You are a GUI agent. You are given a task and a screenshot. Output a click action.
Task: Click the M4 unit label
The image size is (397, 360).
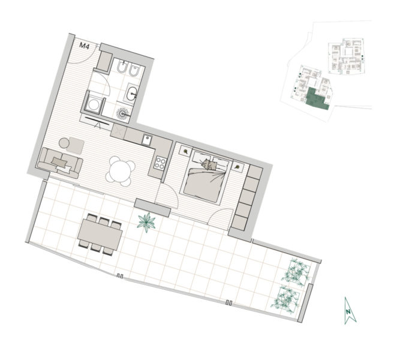[x=85, y=46]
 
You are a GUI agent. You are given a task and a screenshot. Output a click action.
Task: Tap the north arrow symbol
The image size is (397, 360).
[x=350, y=311]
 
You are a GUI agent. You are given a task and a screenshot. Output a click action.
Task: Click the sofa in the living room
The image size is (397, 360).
[x=60, y=163]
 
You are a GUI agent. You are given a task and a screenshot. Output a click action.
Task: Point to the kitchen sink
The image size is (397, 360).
[x=146, y=140]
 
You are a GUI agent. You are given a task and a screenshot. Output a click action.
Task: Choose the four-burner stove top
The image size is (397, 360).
[x=160, y=163]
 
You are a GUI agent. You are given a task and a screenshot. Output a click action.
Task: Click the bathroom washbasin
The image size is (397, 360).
[x=133, y=93]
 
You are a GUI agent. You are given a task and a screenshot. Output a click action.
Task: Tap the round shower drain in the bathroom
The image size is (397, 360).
[x=123, y=113]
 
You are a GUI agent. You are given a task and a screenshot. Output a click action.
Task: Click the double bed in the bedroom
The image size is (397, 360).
[x=206, y=176]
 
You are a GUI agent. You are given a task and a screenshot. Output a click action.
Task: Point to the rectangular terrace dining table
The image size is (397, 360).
[x=100, y=235]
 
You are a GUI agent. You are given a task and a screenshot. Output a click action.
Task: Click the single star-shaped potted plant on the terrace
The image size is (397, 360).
[x=146, y=222]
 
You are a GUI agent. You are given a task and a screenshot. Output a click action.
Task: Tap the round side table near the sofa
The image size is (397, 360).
[x=64, y=143]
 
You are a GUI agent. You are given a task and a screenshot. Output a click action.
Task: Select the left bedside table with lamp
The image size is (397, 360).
[x=185, y=151]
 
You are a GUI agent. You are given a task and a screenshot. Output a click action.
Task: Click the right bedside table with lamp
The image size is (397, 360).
[x=237, y=167]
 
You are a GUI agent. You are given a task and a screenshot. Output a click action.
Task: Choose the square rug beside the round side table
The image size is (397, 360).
[x=77, y=146]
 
